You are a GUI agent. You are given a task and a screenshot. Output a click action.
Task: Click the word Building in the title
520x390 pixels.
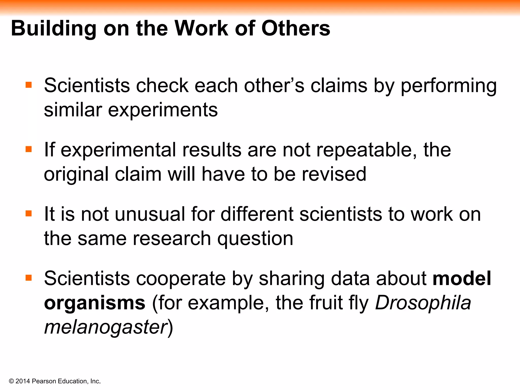pos(54,28)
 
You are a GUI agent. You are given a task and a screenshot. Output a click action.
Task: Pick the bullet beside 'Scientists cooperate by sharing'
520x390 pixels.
pos(29,278)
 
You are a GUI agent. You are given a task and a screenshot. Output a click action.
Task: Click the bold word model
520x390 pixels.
pos(462,278)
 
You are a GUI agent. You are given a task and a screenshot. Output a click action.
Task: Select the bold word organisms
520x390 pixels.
pos(95,303)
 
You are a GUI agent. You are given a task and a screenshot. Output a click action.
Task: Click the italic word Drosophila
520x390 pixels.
pos(423,303)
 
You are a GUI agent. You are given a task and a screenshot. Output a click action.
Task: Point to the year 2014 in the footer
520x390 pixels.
pos(23,381)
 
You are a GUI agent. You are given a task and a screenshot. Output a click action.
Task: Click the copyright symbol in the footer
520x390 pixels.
pos(11,381)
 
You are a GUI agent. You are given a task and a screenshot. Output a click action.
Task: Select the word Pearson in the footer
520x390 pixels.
pos(44,381)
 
